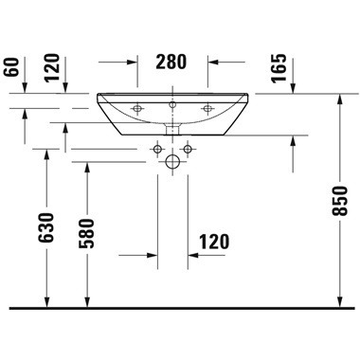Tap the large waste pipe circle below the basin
pos(173,163)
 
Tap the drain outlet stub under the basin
pos(173,125)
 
